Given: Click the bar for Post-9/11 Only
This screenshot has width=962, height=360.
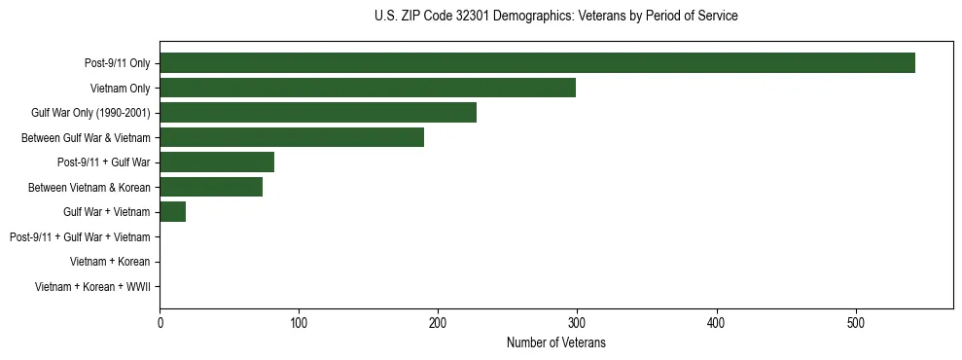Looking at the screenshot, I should point(537,63).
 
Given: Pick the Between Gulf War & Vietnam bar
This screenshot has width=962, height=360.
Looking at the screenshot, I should point(292,138).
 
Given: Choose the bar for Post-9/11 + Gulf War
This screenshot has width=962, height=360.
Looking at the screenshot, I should point(217,162).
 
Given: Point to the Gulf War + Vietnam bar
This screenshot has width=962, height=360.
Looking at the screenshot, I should point(173,212).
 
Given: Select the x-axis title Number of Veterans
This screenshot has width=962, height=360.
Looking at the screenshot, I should point(555,343).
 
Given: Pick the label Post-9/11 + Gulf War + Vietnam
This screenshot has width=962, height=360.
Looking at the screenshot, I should point(80,237).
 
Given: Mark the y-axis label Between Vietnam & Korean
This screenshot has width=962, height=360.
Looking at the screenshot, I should point(89,188).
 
